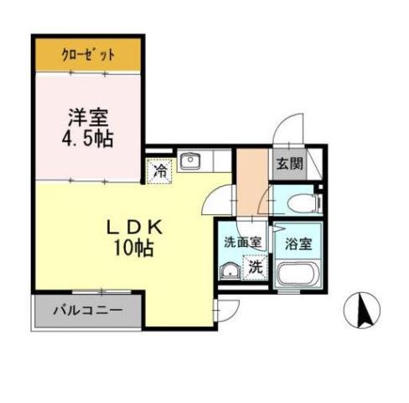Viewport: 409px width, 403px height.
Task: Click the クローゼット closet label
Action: tap(88, 56)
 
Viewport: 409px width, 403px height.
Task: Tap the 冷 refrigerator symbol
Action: tap(159, 171)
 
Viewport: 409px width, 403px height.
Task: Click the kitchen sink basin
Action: tap(190, 161)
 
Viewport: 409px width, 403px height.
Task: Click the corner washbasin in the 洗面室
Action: tap(228, 270)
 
